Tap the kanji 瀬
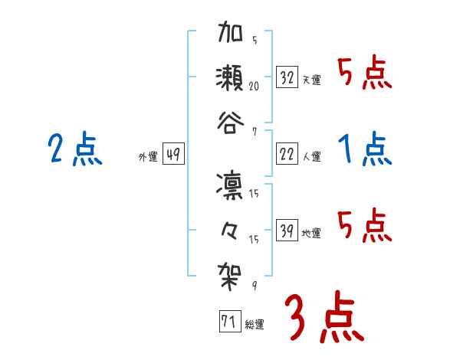[x=231, y=77]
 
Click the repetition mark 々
[x=231, y=227]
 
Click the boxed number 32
[x=287, y=77]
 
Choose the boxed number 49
[x=173, y=155]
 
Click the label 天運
[x=312, y=80]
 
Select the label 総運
[x=255, y=324]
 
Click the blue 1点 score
[x=364, y=149]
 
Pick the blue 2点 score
[x=74, y=149]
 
